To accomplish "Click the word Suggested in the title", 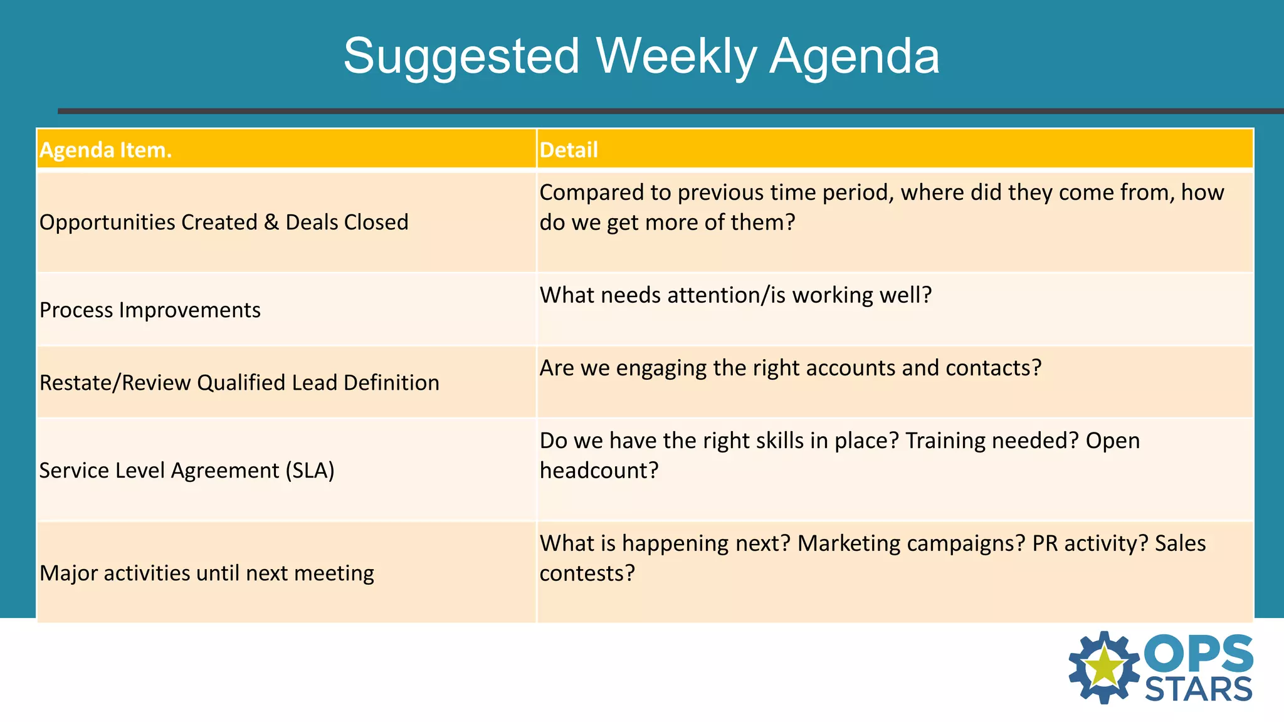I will coord(461,56).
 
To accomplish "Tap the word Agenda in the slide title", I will coord(855,56).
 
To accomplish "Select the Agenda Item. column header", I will coord(105,150).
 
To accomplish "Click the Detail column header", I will coord(569,150).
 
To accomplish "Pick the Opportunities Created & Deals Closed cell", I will coord(224,222).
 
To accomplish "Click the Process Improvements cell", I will coord(150,310).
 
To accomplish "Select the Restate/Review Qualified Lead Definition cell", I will coord(239,383).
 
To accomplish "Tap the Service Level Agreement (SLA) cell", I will coord(186,471).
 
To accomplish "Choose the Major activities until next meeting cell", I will coord(206,573).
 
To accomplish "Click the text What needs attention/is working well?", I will coord(735,295).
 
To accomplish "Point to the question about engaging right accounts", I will coord(790,368).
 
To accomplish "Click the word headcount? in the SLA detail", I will coord(599,471).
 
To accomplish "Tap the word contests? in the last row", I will coord(587,573).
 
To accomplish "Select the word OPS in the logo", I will coord(1198,654).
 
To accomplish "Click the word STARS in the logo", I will coord(1198,690).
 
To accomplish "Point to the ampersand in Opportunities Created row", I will coord(271,222).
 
